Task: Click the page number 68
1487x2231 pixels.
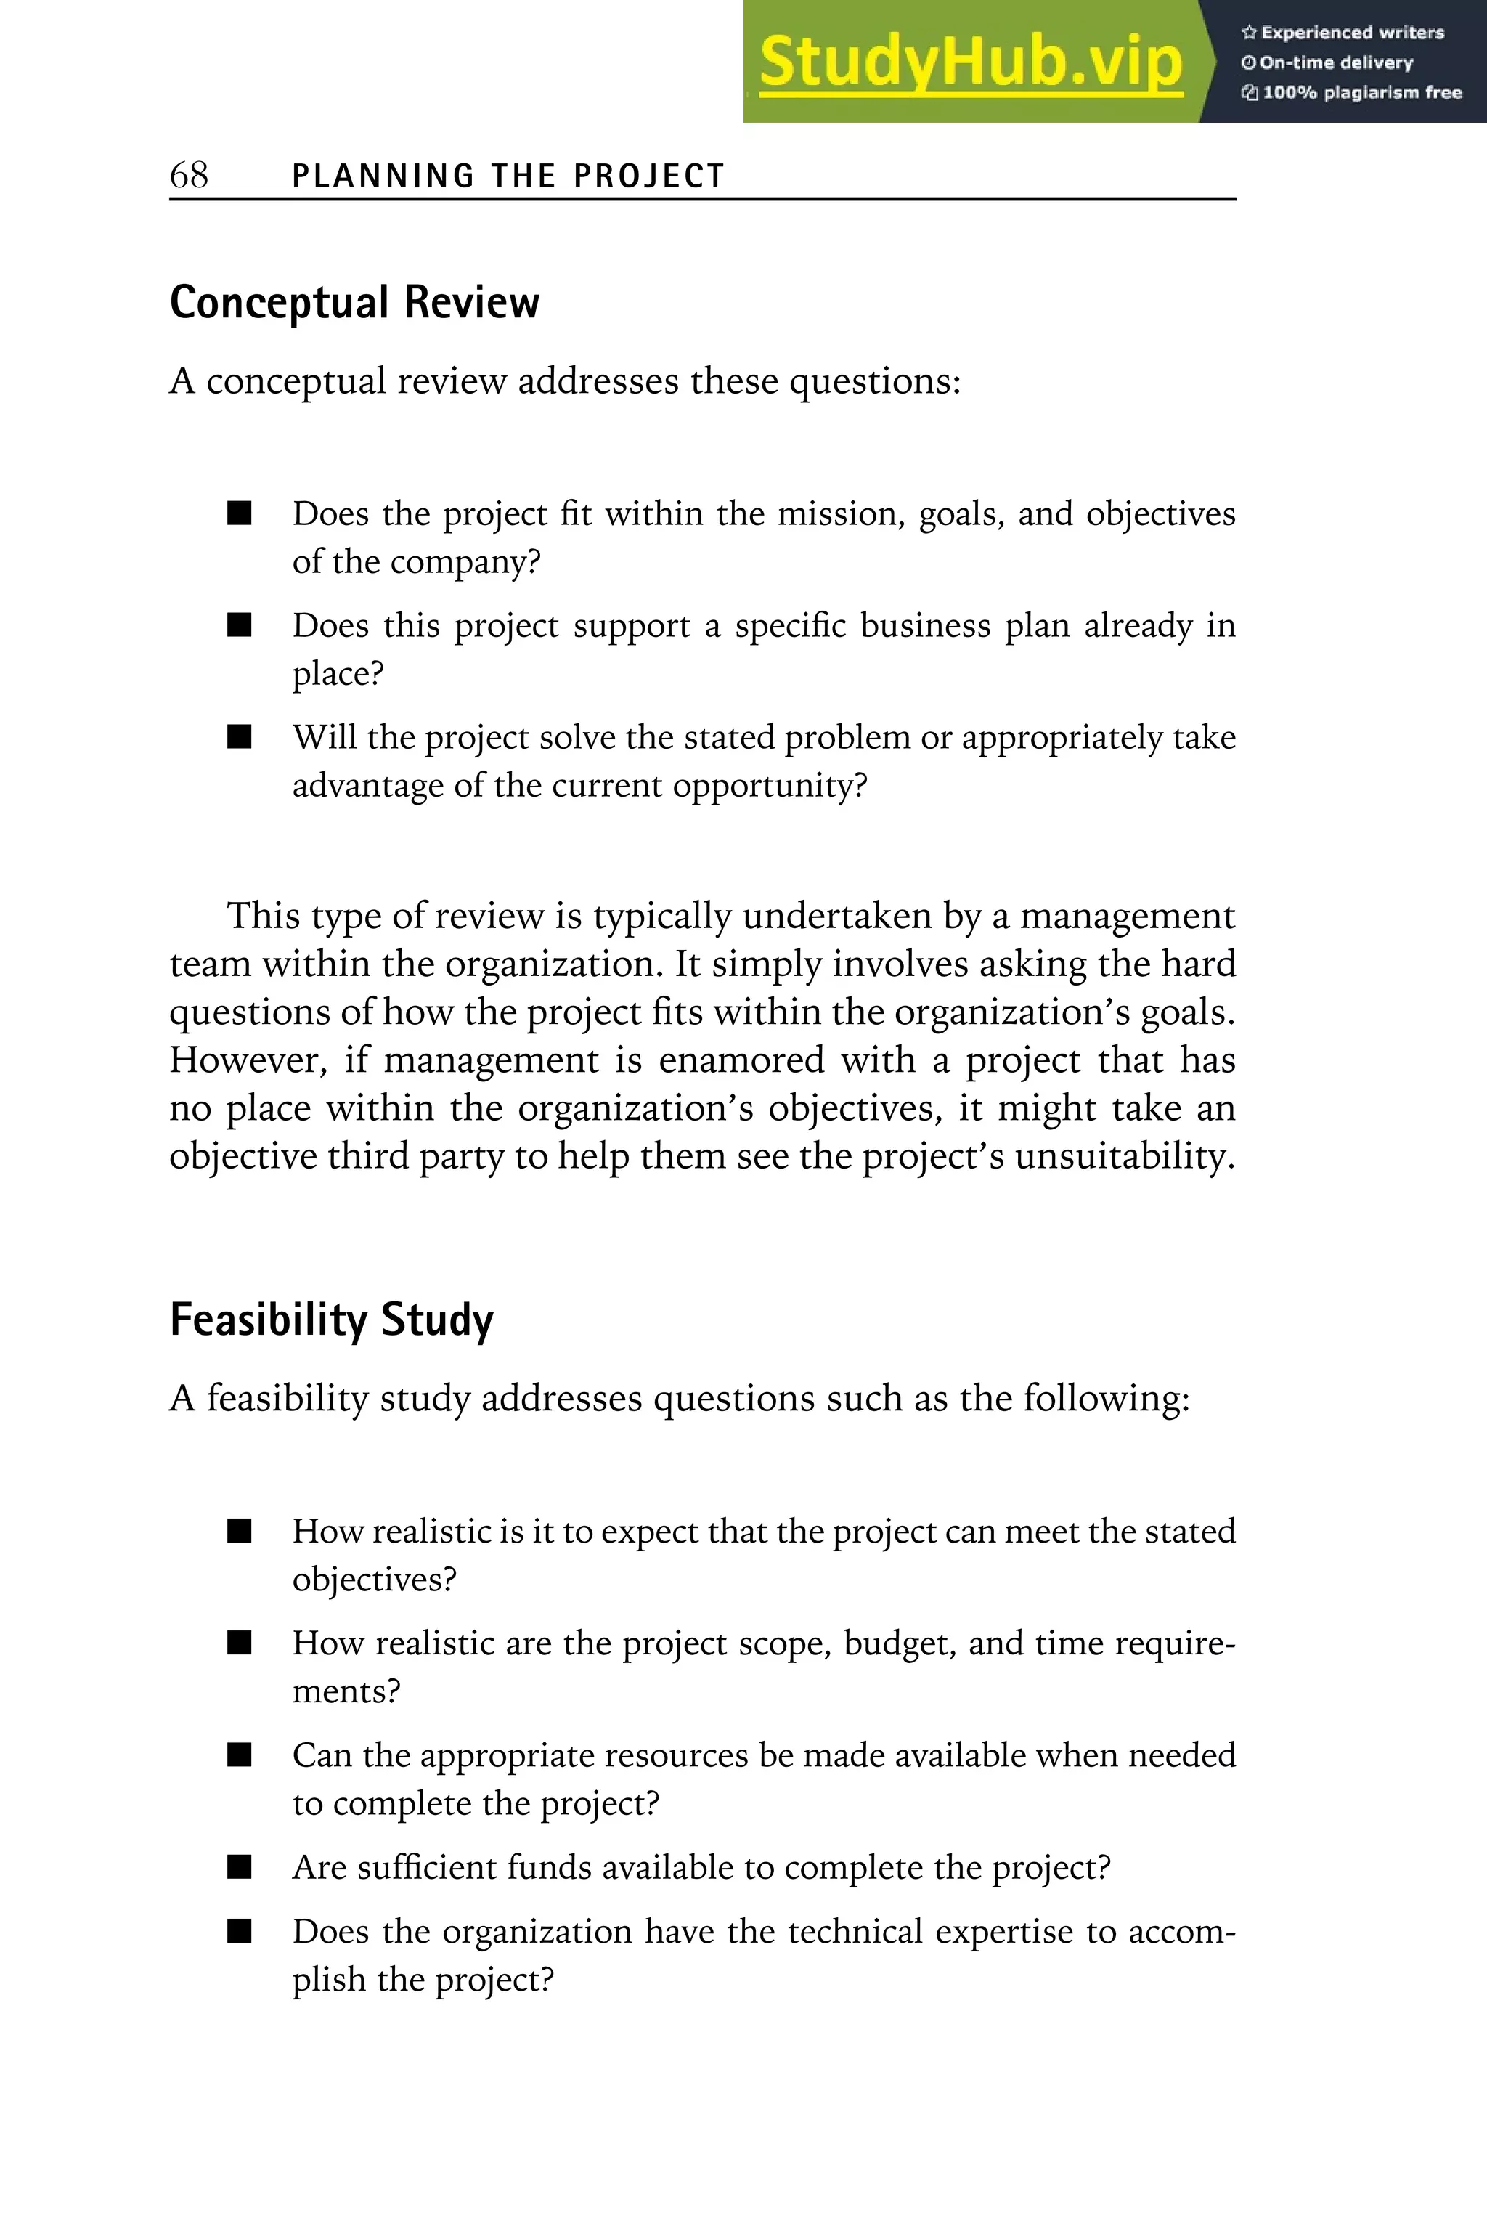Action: tap(189, 174)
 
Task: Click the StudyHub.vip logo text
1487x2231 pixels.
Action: tap(971, 62)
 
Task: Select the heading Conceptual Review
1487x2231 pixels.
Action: tap(354, 303)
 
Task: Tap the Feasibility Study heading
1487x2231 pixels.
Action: tap(331, 1320)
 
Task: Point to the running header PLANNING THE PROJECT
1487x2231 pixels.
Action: tap(508, 176)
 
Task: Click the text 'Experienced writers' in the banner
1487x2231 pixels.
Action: tap(1351, 32)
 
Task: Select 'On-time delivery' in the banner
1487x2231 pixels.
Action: tap(1335, 62)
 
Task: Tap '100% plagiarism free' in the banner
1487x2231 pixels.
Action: tap(1361, 93)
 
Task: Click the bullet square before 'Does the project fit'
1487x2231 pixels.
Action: tap(240, 513)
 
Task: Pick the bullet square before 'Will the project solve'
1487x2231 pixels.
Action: tap(240, 737)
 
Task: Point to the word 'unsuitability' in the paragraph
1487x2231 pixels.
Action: tap(1122, 1156)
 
